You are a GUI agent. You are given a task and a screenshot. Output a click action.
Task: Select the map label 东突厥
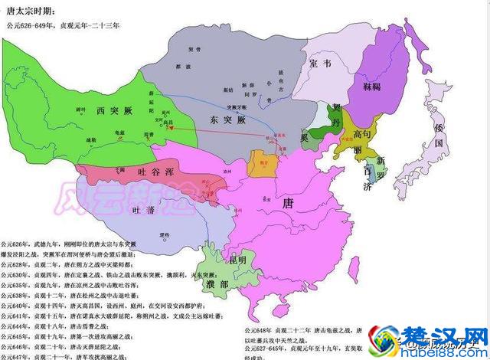click(224, 121)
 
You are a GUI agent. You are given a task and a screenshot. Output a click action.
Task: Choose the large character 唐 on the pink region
click(288, 203)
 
